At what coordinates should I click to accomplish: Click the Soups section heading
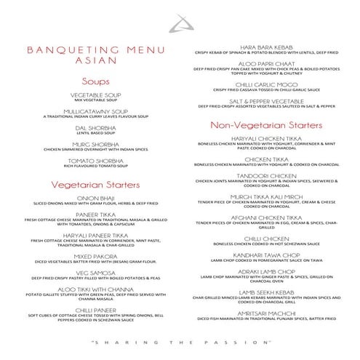tap(95, 81)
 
